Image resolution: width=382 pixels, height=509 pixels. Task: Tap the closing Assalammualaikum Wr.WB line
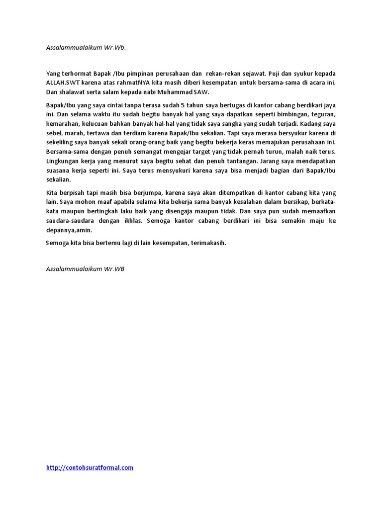(x=85, y=269)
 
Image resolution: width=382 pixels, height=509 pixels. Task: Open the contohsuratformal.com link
(x=90, y=468)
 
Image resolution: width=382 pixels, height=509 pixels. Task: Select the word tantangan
(x=237, y=161)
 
